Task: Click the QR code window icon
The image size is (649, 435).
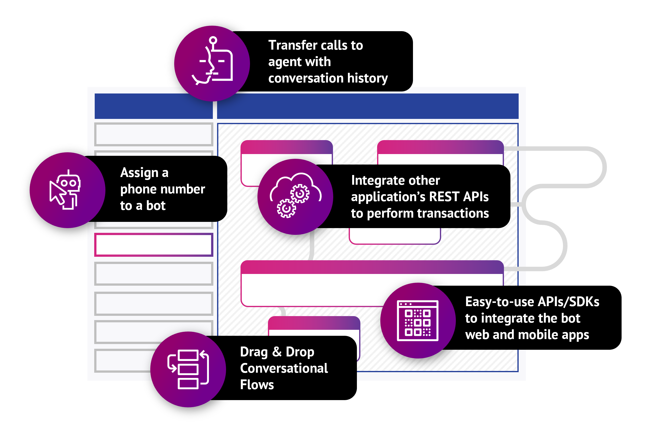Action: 418,320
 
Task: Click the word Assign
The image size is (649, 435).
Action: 139,173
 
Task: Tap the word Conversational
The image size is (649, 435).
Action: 284,368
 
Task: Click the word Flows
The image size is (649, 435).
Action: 257,385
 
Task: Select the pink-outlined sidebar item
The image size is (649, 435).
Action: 154,245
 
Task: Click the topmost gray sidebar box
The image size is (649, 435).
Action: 154,134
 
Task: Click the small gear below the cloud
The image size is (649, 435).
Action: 286,208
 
